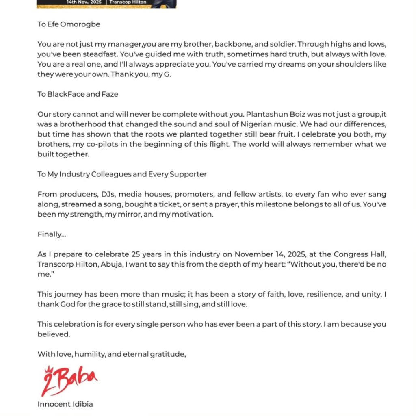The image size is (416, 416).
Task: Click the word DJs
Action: (104, 195)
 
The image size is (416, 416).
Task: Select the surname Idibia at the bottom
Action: (81, 404)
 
